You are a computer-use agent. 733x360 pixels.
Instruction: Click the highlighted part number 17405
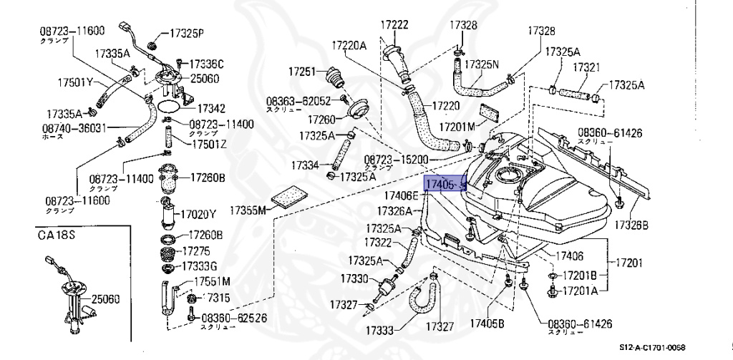[440, 185]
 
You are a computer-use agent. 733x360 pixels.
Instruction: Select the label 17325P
[186, 33]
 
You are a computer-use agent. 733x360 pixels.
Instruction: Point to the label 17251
[302, 72]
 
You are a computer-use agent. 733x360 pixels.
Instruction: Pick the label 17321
[586, 66]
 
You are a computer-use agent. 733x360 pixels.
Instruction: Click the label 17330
[354, 278]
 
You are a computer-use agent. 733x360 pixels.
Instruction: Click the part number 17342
[211, 108]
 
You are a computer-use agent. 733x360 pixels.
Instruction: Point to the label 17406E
[401, 195]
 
